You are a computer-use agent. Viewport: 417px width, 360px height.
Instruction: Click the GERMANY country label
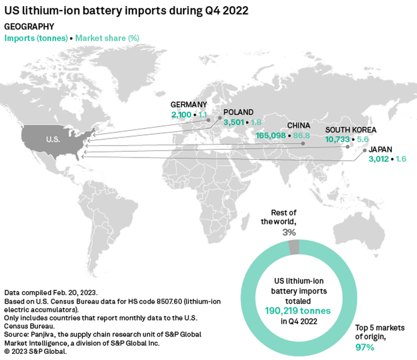[x=188, y=105]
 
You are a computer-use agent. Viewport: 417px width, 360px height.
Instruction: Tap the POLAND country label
[x=239, y=112]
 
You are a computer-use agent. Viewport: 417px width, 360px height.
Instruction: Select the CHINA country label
[x=299, y=126]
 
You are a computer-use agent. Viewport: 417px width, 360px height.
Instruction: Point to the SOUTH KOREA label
[x=350, y=130]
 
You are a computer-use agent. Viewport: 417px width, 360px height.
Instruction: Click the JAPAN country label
[x=380, y=150]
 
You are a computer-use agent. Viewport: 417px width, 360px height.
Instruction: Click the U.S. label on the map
[x=53, y=139]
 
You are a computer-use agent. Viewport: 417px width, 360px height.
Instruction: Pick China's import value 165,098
[x=271, y=136]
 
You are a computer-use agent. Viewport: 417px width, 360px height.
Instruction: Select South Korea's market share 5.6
[x=363, y=140]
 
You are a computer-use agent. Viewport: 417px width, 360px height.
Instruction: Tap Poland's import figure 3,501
[x=234, y=122]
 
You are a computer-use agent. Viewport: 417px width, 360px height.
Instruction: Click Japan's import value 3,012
[x=379, y=159]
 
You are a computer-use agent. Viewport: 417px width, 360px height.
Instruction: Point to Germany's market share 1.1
[x=202, y=115]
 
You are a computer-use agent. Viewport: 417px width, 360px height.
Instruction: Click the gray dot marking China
[x=303, y=144]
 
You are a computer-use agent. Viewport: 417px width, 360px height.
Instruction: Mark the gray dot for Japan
[x=365, y=151]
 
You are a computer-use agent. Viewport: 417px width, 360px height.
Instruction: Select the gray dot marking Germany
[x=209, y=120]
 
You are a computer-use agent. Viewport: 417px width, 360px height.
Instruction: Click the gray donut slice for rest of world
[x=294, y=247]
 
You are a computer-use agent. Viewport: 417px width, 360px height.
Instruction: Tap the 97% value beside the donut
[x=365, y=347]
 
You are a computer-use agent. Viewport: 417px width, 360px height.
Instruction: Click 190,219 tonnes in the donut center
[x=298, y=311]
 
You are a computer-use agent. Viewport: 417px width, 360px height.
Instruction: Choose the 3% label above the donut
[x=289, y=232]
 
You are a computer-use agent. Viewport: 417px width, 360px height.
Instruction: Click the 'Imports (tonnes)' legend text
[x=36, y=38]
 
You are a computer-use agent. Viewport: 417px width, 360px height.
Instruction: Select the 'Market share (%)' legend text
[x=107, y=38]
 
